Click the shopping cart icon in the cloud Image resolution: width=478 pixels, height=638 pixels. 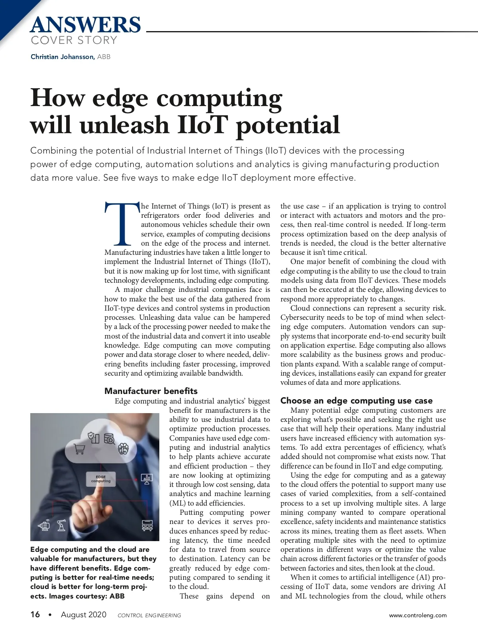(80, 449)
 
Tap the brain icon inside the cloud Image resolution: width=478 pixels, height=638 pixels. (123, 449)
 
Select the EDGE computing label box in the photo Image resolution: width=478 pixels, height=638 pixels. (101, 479)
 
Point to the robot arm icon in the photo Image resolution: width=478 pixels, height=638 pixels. (61, 526)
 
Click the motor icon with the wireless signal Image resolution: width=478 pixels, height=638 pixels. (44, 526)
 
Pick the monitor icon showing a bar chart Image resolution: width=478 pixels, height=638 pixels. (147, 479)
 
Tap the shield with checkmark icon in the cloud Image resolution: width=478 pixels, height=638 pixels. (94, 437)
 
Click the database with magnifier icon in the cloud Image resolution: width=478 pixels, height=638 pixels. (109, 439)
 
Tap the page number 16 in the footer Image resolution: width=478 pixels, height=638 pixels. (35, 614)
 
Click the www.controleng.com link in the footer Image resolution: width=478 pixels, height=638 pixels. (417, 615)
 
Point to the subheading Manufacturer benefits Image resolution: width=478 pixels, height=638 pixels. (151, 391)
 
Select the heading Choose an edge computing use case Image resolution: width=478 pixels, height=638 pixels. (356, 400)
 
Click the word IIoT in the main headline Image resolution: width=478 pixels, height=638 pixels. (202, 125)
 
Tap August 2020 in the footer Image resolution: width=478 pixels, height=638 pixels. (84, 614)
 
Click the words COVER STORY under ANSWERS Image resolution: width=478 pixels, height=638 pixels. (74, 40)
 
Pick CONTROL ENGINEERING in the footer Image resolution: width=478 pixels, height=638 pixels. (149, 615)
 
